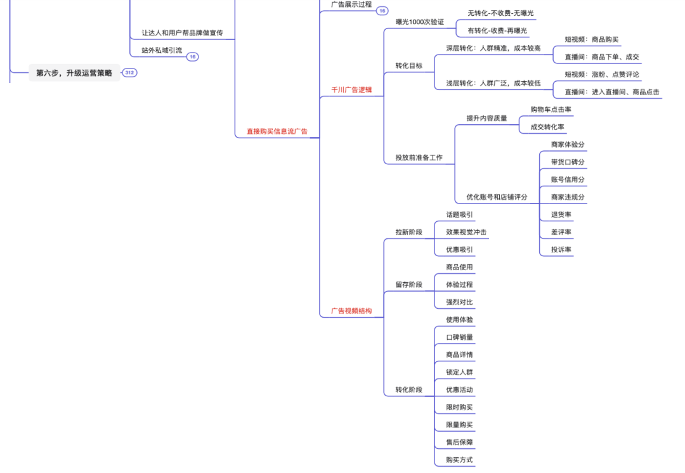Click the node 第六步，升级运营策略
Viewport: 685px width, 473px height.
pyautogui.click(x=74, y=73)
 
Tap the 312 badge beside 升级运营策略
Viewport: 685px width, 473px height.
pyautogui.click(x=129, y=73)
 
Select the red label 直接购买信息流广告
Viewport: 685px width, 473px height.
pyautogui.click(x=277, y=131)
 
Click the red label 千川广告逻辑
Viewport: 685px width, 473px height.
pyautogui.click(x=351, y=90)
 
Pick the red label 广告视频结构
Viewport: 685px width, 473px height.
pyautogui.click(x=351, y=311)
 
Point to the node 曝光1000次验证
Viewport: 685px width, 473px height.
pyautogui.click(x=419, y=22)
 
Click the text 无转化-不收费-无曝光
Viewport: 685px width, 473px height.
pyautogui.click(x=500, y=13)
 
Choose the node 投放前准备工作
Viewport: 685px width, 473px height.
pyautogui.click(x=419, y=158)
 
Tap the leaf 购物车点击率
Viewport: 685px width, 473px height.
pyautogui.click(x=551, y=110)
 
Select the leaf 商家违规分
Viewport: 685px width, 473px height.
pyautogui.click(x=568, y=197)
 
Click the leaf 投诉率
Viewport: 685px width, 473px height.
pyautogui.click(x=561, y=250)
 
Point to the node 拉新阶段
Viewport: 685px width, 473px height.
pyautogui.click(x=408, y=232)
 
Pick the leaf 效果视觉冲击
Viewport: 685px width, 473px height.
pyautogui.click(x=466, y=232)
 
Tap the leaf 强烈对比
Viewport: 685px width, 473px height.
pyautogui.click(x=459, y=302)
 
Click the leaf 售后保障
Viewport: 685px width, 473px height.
pyautogui.click(x=459, y=443)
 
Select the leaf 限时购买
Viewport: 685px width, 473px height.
pyautogui.click(x=459, y=407)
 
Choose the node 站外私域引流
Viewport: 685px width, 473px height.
pyautogui.click(x=161, y=50)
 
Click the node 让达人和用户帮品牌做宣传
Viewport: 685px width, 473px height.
pyautogui.click(x=182, y=32)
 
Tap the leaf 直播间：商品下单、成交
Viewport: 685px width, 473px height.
pyautogui.click(x=601, y=57)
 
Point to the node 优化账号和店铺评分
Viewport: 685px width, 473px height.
pyautogui.click(x=497, y=197)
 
